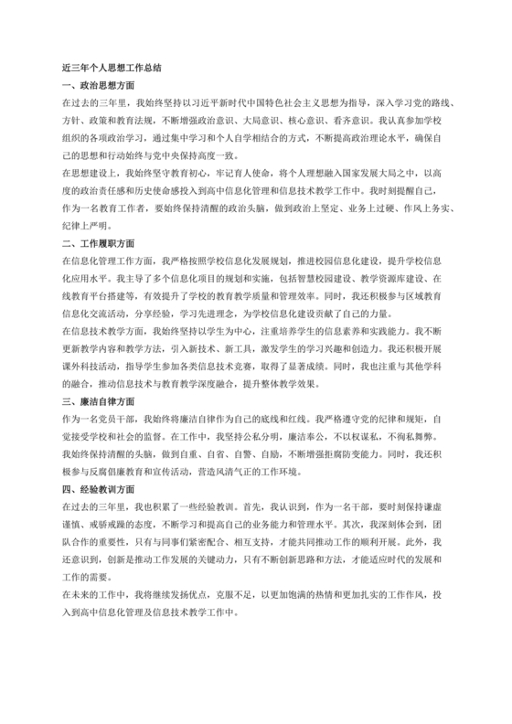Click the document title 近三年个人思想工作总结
[x=112, y=68]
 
